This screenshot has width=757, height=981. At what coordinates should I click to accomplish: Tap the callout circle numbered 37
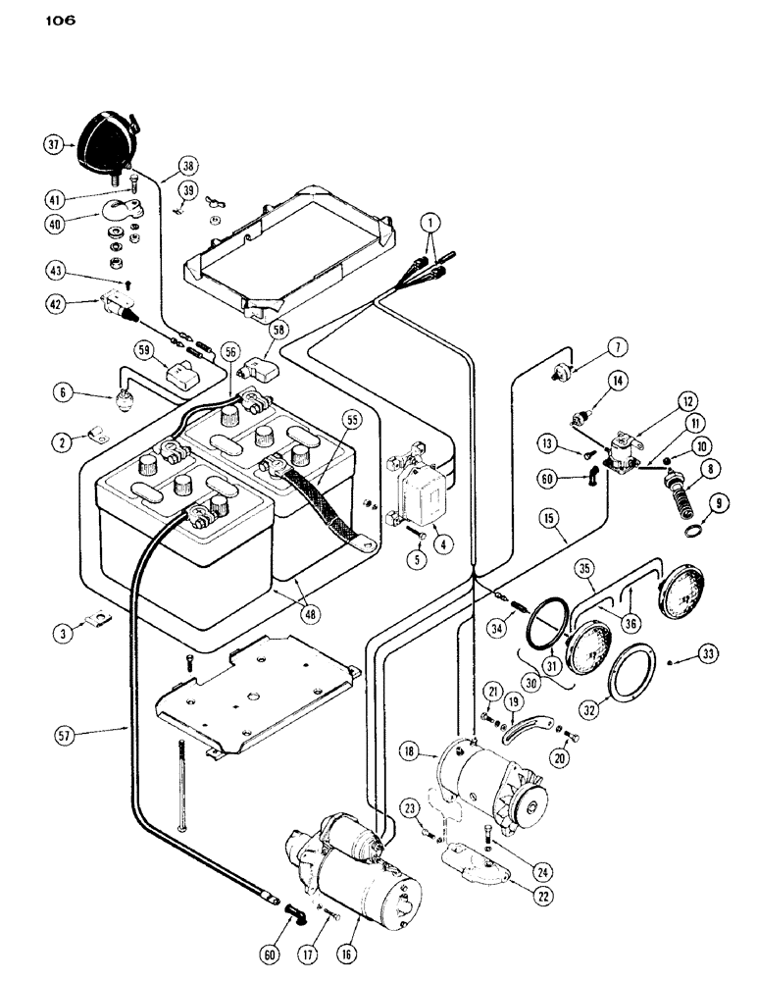55,144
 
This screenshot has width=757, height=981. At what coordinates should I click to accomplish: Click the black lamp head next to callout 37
103,140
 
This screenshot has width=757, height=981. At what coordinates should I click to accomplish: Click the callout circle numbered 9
722,507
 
